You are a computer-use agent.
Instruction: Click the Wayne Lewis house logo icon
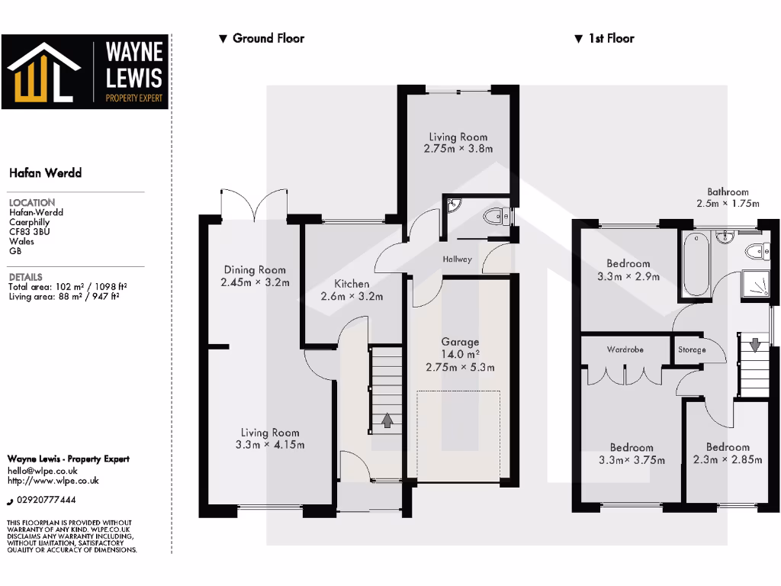pos(43,72)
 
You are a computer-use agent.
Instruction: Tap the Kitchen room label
pos(352,284)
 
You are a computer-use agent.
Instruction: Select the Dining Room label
pos(255,269)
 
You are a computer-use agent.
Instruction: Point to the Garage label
pos(460,342)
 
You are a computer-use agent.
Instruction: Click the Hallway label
pos(458,259)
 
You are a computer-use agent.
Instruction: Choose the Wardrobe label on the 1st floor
pos(625,349)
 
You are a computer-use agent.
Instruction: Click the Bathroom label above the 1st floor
pos(728,192)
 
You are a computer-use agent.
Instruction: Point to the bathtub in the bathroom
pos(696,266)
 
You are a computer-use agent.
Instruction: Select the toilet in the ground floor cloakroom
pos(497,216)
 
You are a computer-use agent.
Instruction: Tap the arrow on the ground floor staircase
pos(387,420)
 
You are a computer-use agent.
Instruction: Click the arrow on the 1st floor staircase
pos(754,345)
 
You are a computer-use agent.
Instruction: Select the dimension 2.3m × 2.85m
pos(727,460)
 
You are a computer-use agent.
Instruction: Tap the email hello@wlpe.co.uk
pos(43,471)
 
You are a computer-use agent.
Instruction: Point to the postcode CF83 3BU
pos(29,231)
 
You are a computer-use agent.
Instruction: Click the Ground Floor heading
pos(268,38)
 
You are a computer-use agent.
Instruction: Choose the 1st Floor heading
pos(610,38)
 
